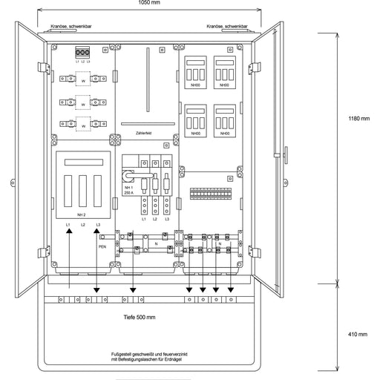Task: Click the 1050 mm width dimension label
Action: (148, 4)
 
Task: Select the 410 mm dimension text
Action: (357, 334)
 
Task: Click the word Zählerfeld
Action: (145, 134)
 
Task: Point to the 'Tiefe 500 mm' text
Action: (139, 318)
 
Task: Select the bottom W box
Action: (83, 126)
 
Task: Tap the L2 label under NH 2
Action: (83, 223)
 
